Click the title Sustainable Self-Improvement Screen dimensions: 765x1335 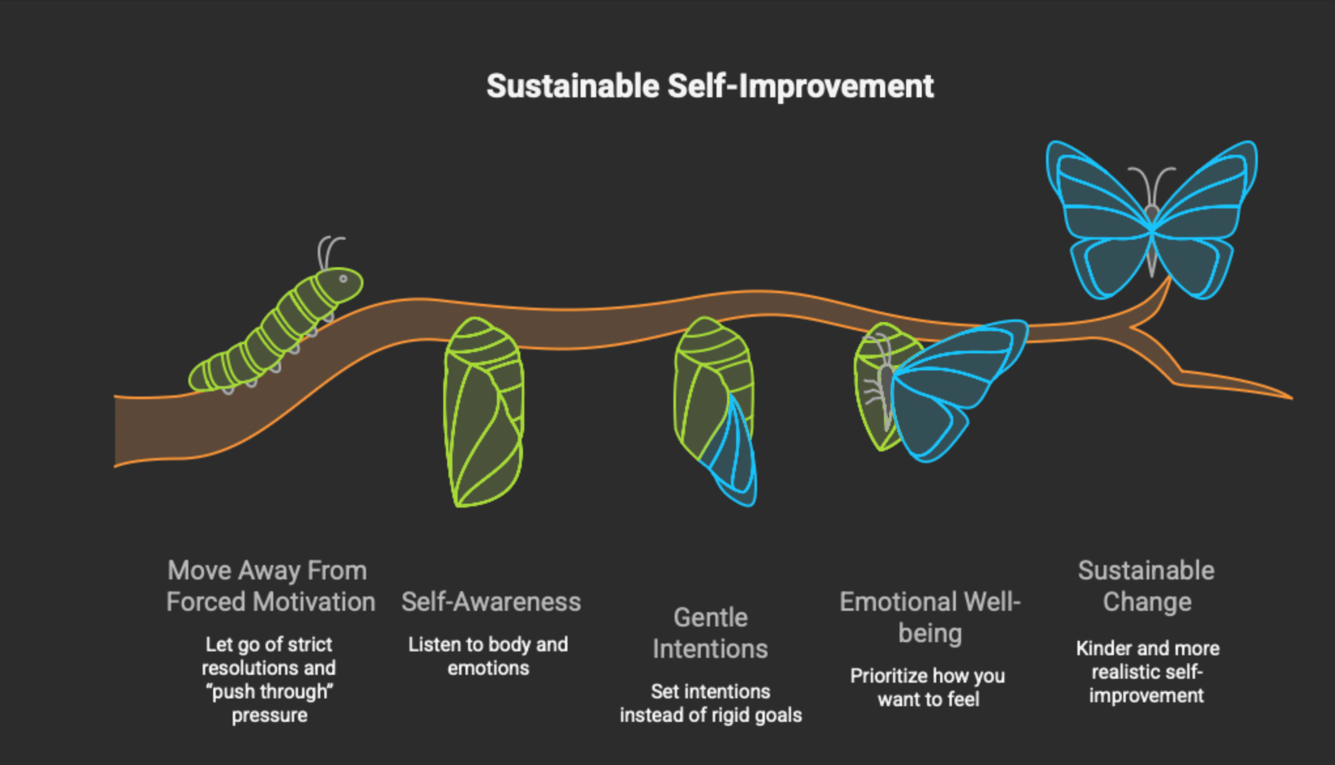pyautogui.click(x=710, y=86)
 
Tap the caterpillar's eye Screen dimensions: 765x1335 pyautogui.click(x=343, y=279)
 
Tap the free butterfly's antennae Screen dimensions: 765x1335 pyautogui.click(x=1152, y=183)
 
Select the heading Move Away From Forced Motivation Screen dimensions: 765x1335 pyautogui.click(x=270, y=586)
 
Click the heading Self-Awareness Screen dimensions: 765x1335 pyautogui.click(x=491, y=602)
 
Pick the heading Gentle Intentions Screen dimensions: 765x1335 pyautogui.click(x=710, y=633)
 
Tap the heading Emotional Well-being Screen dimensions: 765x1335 pyautogui.click(x=930, y=617)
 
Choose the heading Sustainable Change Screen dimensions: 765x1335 pyautogui.click(x=1146, y=586)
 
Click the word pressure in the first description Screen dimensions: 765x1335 pyautogui.click(x=269, y=715)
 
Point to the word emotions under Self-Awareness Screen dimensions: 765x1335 pyautogui.click(x=488, y=668)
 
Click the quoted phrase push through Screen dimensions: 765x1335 pyautogui.click(x=270, y=691)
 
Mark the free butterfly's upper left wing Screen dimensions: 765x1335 pyautogui.click(x=1098, y=189)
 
